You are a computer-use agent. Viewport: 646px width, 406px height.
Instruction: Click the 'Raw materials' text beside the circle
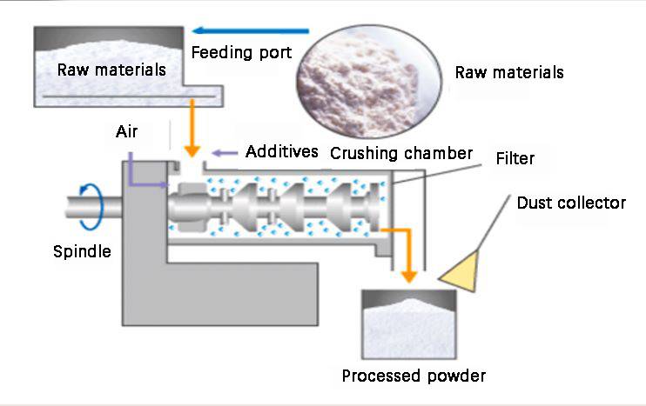point(509,71)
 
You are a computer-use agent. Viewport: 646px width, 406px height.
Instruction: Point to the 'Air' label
point(127,132)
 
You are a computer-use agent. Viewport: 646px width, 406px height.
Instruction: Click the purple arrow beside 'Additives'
point(225,152)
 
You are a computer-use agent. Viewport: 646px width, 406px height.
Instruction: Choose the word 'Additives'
point(282,152)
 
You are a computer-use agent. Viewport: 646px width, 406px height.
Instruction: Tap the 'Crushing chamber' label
point(401,153)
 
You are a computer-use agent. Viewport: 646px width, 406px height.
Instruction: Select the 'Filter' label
point(515,159)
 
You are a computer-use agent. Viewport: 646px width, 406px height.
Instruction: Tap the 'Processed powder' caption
point(414,376)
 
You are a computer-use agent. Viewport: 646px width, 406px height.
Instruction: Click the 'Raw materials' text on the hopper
point(111,70)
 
